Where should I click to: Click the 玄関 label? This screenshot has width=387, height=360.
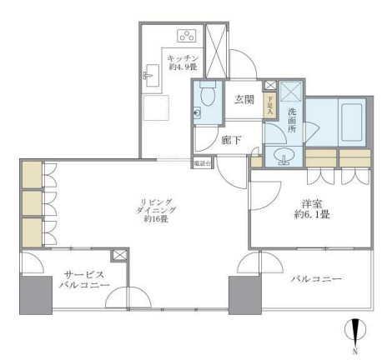pos(244,100)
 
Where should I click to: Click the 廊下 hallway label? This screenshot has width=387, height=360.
pos(232,140)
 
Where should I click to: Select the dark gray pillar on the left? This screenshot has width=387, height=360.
pos(36,296)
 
